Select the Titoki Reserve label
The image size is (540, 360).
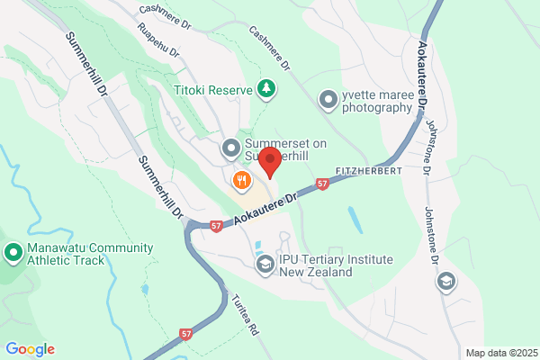(x=214, y=89)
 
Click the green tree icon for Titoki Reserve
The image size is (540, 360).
(x=266, y=88)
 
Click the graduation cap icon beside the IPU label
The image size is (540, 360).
(x=265, y=265)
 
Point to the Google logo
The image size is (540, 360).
(x=30, y=349)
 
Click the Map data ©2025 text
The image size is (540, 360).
(x=499, y=353)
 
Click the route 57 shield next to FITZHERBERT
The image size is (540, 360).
(x=322, y=184)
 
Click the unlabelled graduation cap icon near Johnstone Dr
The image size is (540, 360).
(x=445, y=283)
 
